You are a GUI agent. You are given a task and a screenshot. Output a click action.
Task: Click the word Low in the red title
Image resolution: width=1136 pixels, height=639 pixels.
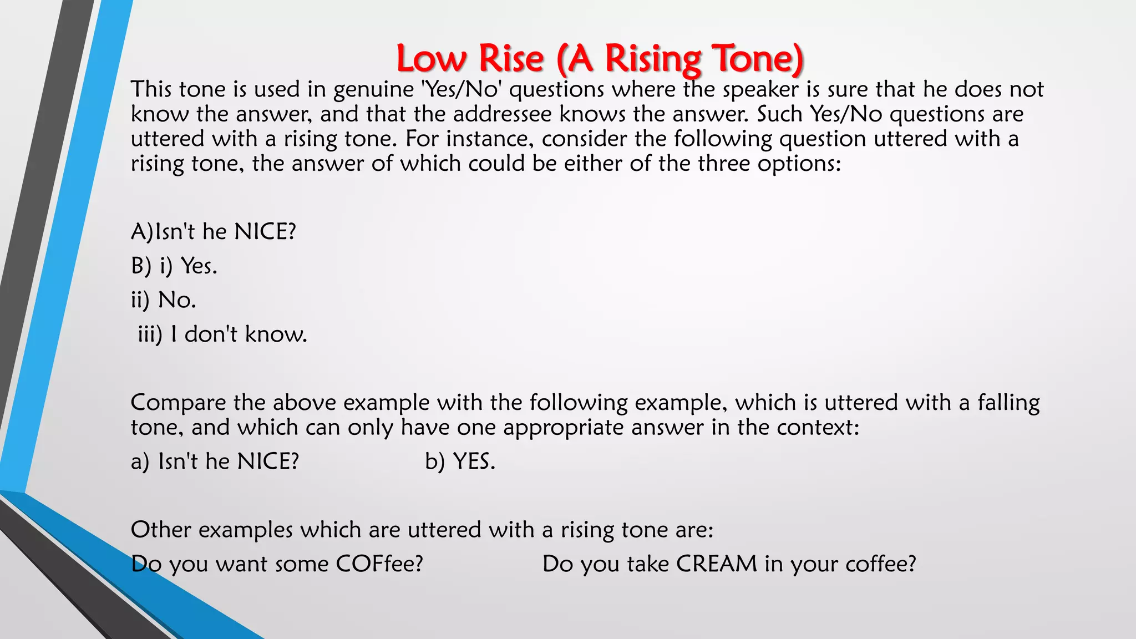click(x=431, y=59)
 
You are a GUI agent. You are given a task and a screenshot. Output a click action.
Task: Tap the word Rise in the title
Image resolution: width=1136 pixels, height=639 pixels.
click(x=511, y=59)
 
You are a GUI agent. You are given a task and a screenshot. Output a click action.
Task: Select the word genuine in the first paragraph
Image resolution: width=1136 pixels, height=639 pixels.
click(x=373, y=90)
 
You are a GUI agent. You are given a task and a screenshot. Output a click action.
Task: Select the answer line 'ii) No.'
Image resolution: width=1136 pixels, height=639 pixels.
click(x=164, y=300)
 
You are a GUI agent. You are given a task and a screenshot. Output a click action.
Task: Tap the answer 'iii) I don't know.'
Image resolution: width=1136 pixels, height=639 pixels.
click(x=222, y=334)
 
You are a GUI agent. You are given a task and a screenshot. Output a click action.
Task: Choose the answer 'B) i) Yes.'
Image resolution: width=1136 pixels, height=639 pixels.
click(x=174, y=266)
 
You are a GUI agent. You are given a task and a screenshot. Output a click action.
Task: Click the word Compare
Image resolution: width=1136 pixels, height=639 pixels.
click(x=178, y=403)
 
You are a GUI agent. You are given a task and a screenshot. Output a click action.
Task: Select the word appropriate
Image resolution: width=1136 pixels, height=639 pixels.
click(x=563, y=428)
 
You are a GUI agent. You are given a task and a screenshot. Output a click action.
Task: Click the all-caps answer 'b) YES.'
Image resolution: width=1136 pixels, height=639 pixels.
click(x=460, y=461)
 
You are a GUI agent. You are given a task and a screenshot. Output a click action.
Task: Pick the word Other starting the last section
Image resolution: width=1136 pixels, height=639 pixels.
click(x=161, y=530)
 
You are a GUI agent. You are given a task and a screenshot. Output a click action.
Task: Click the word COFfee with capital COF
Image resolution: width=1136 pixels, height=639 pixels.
click(x=379, y=564)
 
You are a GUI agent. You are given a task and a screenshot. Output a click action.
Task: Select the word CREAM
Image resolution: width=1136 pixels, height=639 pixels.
click(x=716, y=564)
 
